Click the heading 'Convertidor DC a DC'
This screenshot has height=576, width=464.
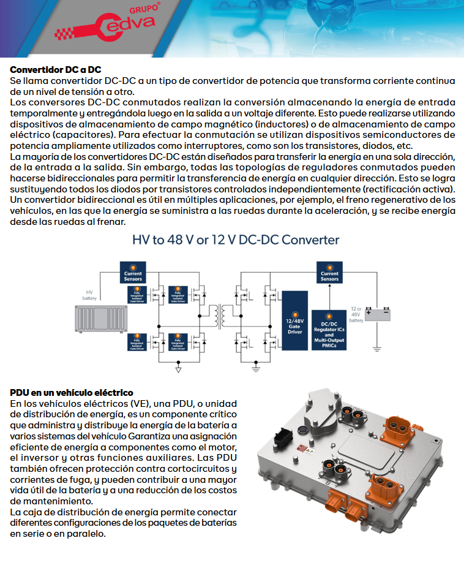(x=56, y=69)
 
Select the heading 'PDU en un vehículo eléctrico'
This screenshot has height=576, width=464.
(x=72, y=392)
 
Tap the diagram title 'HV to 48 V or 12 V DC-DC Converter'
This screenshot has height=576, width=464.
(x=236, y=240)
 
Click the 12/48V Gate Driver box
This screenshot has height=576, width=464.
(x=294, y=322)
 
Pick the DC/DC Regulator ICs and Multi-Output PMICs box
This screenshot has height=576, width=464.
(x=329, y=330)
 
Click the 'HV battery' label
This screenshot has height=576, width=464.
(x=90, y=295)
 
